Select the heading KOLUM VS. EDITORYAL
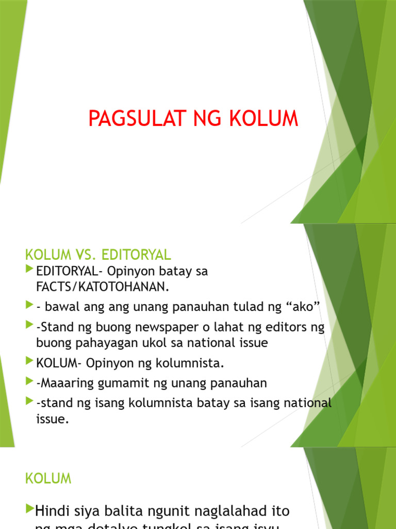98,255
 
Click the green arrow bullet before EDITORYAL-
29,269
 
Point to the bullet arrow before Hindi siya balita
29,510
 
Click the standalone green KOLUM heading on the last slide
48,479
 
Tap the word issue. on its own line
52,419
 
